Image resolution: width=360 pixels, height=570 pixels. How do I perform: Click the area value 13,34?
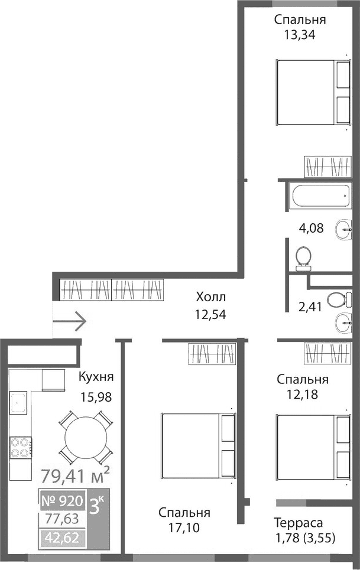click(300, 34)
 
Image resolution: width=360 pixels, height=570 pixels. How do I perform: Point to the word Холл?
click(212, 297)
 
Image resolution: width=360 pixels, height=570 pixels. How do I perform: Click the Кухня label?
click(96, 377)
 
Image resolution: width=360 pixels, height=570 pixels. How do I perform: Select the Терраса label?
click(298, 523)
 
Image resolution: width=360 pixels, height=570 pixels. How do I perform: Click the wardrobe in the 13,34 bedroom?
click(328, 166)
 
